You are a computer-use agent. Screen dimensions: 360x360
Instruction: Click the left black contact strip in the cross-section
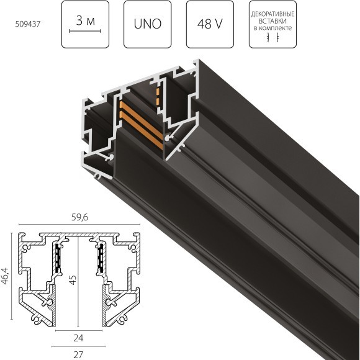(57, 259)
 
